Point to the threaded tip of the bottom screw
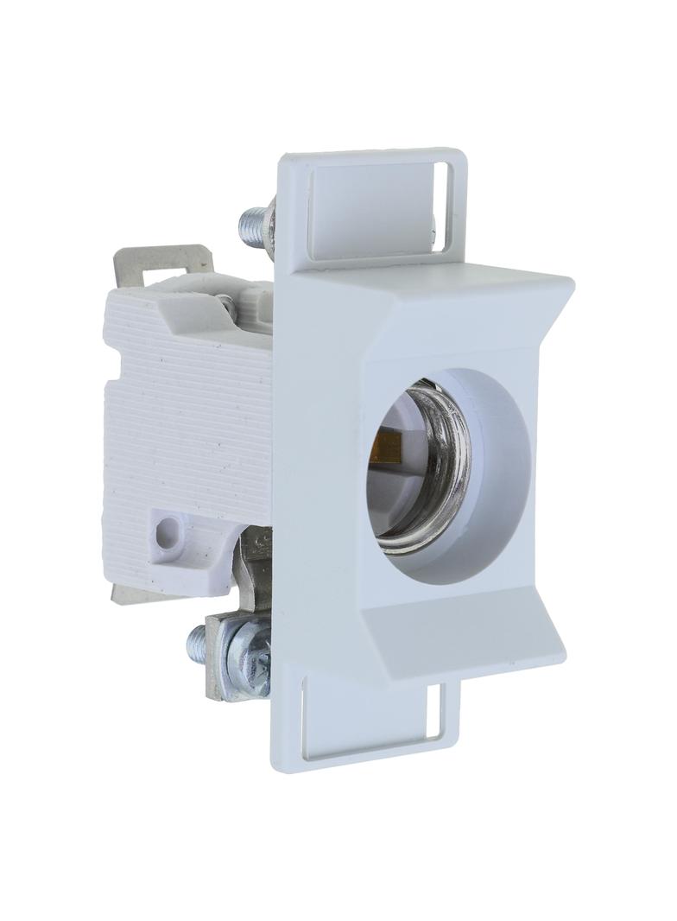(x=197, y=644)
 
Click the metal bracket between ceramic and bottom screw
(x=254, y=562)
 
